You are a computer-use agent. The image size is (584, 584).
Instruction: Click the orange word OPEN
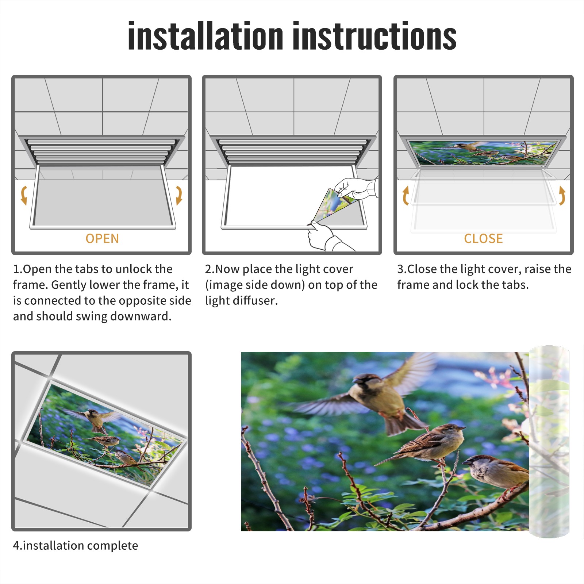102,239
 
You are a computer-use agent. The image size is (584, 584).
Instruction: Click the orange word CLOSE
483,239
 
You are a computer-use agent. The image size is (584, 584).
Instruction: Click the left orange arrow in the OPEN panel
24,195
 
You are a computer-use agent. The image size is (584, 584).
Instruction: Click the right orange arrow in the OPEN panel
179,195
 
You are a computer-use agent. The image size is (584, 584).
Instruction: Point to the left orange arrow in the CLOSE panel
405,195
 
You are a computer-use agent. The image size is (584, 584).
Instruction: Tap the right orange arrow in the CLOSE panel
562,195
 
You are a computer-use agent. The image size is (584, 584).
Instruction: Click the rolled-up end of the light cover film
549,442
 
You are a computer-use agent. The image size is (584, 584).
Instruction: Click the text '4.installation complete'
76,546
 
